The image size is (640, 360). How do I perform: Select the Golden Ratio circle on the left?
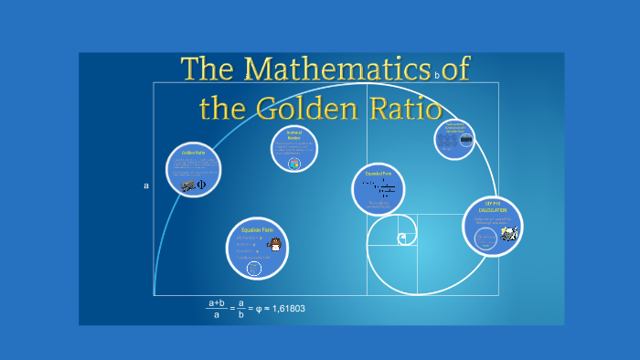[x=195, y=170]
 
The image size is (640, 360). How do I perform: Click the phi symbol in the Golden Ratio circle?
[x=202, y=185]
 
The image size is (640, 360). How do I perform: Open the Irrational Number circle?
[x=294, y=149]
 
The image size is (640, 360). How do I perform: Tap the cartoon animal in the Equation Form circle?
[x=273, y=245]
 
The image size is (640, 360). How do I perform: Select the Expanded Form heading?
[x=379, y=173]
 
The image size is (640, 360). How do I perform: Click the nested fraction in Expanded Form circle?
[x=387, y=190]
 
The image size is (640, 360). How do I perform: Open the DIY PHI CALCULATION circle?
[x=492, y=227]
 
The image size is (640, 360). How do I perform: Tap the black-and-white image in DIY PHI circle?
[x=508, y=235]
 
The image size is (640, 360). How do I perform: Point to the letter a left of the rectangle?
[x=146, y=185]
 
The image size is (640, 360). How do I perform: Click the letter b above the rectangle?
[x=438, y=76]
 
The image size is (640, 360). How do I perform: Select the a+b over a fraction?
[x=217, y=309]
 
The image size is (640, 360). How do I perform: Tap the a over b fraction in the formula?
[x=240, y=309]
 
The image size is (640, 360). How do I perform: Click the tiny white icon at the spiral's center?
[x=401, y=238]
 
